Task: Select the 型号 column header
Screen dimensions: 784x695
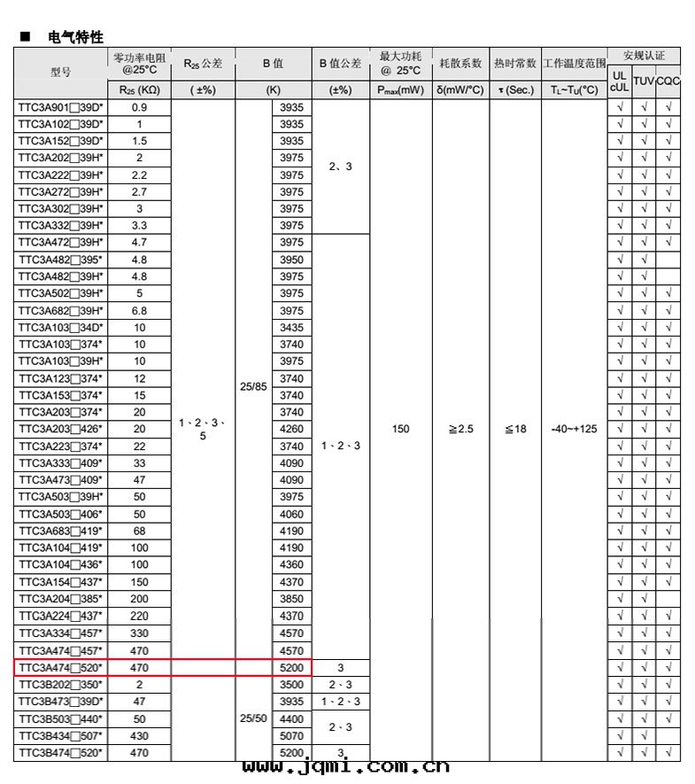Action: pos(60,72)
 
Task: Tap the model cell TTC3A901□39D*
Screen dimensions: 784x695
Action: pos(60,107)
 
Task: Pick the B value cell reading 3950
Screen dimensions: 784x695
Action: pos(291,260)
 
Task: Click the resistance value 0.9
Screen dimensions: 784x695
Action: pos(139,107)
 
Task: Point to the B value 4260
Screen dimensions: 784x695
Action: pos(291,429)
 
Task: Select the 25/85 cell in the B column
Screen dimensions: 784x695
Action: pos(253,386)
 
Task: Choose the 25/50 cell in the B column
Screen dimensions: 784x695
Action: pos(253,718)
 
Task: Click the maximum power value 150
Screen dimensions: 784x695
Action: pos(401,429)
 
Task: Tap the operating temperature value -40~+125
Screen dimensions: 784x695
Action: pos(574,429)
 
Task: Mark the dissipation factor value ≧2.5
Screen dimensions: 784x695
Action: pos(460,429)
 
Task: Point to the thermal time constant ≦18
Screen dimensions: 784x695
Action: pos(515,429)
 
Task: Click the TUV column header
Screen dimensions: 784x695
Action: pos(644,81)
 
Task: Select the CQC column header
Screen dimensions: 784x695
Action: pos(668,81)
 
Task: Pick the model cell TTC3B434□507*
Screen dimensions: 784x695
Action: pos(60,735)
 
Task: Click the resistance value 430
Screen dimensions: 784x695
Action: pos(139,735)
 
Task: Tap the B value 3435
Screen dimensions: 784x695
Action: pos(291,328)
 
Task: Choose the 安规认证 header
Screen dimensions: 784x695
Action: pos(644,56)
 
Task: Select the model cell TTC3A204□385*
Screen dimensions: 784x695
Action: pos(60,599)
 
